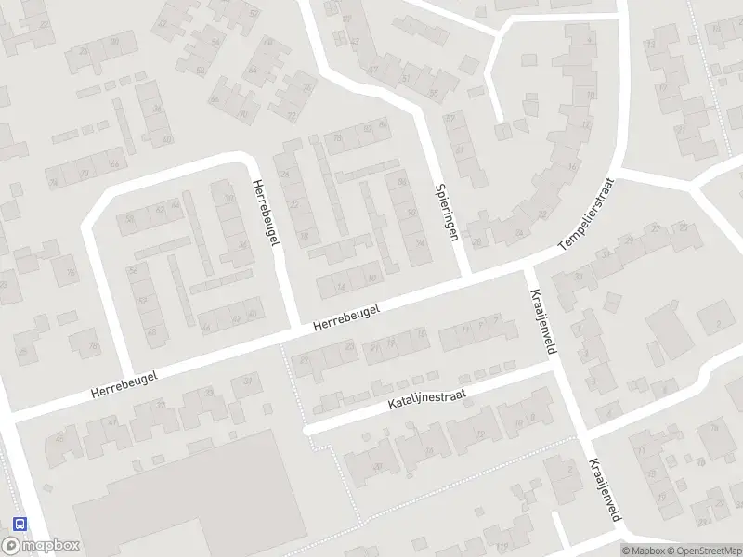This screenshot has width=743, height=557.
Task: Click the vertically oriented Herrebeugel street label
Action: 266,213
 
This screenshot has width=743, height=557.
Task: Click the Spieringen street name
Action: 447,211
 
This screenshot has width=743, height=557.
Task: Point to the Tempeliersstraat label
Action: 587,214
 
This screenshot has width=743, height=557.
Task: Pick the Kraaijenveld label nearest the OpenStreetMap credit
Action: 603,490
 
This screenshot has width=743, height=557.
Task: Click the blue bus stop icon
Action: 20,524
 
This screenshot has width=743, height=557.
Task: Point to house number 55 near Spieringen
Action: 434,93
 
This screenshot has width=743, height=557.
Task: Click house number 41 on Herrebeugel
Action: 113,422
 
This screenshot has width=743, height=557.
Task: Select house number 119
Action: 502,545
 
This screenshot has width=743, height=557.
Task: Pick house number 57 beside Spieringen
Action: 450,118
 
